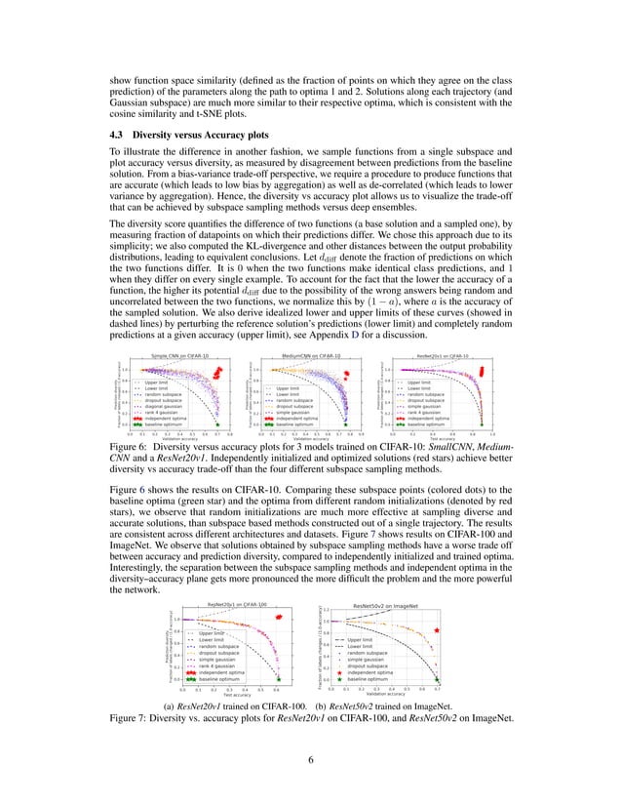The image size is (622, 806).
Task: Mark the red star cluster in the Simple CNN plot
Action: pyautogui.click(x=219, y=374)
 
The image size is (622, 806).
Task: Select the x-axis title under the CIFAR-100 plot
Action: pyautogui.click(x=232, y=696)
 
